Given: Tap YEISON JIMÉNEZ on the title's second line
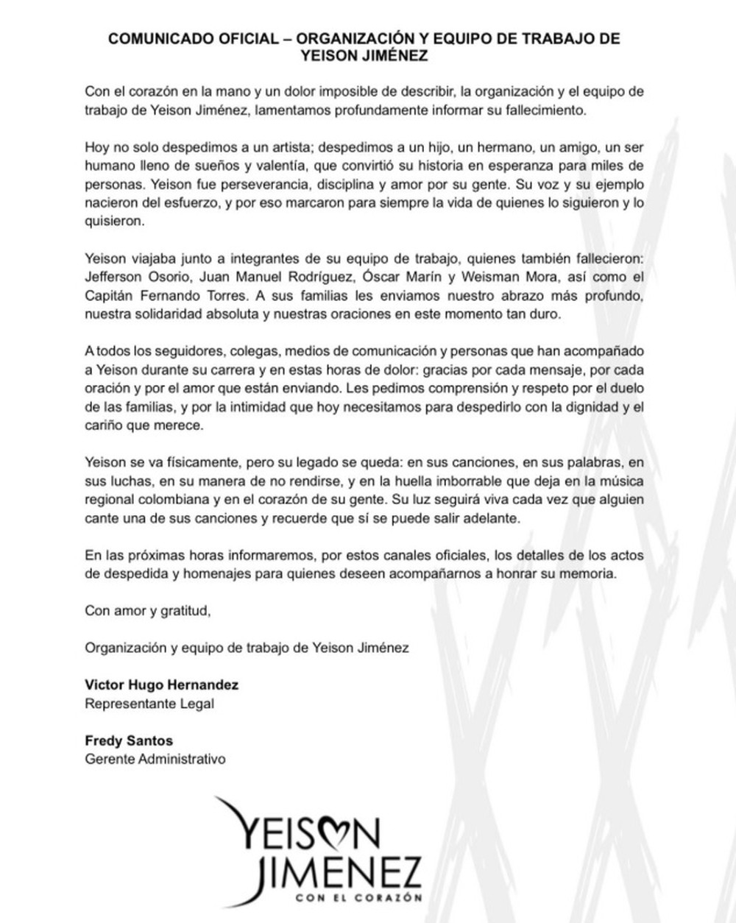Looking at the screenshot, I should (364, 56).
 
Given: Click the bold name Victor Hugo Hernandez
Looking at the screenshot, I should (162, 685).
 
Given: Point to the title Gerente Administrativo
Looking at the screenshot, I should (155, 759).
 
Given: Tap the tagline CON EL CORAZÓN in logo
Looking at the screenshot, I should (358, 897).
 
